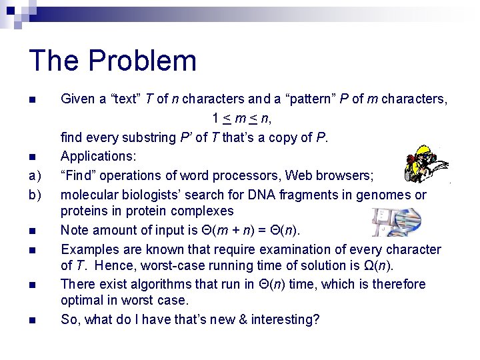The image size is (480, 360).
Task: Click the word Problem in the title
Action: pos(142,60)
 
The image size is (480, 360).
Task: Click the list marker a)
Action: pos(33,176)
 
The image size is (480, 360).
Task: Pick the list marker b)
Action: pos(33,195)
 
